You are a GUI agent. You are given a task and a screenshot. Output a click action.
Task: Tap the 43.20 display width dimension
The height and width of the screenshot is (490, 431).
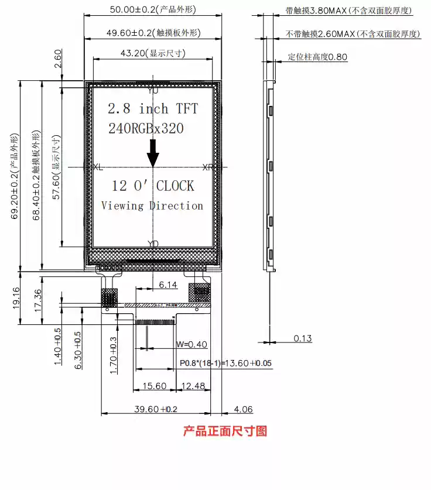153,53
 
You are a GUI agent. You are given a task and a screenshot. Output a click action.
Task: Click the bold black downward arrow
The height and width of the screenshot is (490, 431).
153,154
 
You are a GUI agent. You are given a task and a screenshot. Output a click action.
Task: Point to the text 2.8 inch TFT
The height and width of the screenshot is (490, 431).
153,109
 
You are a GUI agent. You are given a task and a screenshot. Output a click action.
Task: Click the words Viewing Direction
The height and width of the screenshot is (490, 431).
152,205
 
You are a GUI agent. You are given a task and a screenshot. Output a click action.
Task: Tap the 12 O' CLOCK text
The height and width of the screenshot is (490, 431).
153,186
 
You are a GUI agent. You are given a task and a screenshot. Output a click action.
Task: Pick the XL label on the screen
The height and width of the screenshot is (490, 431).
97,167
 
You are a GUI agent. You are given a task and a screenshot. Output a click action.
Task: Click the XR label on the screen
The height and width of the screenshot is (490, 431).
208,167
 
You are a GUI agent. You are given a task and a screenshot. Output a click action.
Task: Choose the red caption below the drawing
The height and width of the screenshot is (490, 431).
225,431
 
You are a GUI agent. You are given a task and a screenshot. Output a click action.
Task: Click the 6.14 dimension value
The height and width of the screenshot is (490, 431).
168,285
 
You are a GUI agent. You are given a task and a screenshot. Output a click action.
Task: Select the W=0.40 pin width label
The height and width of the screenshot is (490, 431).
191,344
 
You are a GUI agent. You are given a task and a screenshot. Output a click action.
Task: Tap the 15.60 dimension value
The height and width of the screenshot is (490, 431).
155,386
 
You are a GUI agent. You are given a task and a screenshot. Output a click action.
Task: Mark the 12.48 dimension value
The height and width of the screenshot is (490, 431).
193,386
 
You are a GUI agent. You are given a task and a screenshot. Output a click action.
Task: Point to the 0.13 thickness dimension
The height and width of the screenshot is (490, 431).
303,338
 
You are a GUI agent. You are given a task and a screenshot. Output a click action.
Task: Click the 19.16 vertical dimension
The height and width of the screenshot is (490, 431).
16,297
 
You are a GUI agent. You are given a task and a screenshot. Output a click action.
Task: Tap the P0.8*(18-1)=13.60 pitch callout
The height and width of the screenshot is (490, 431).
226,364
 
